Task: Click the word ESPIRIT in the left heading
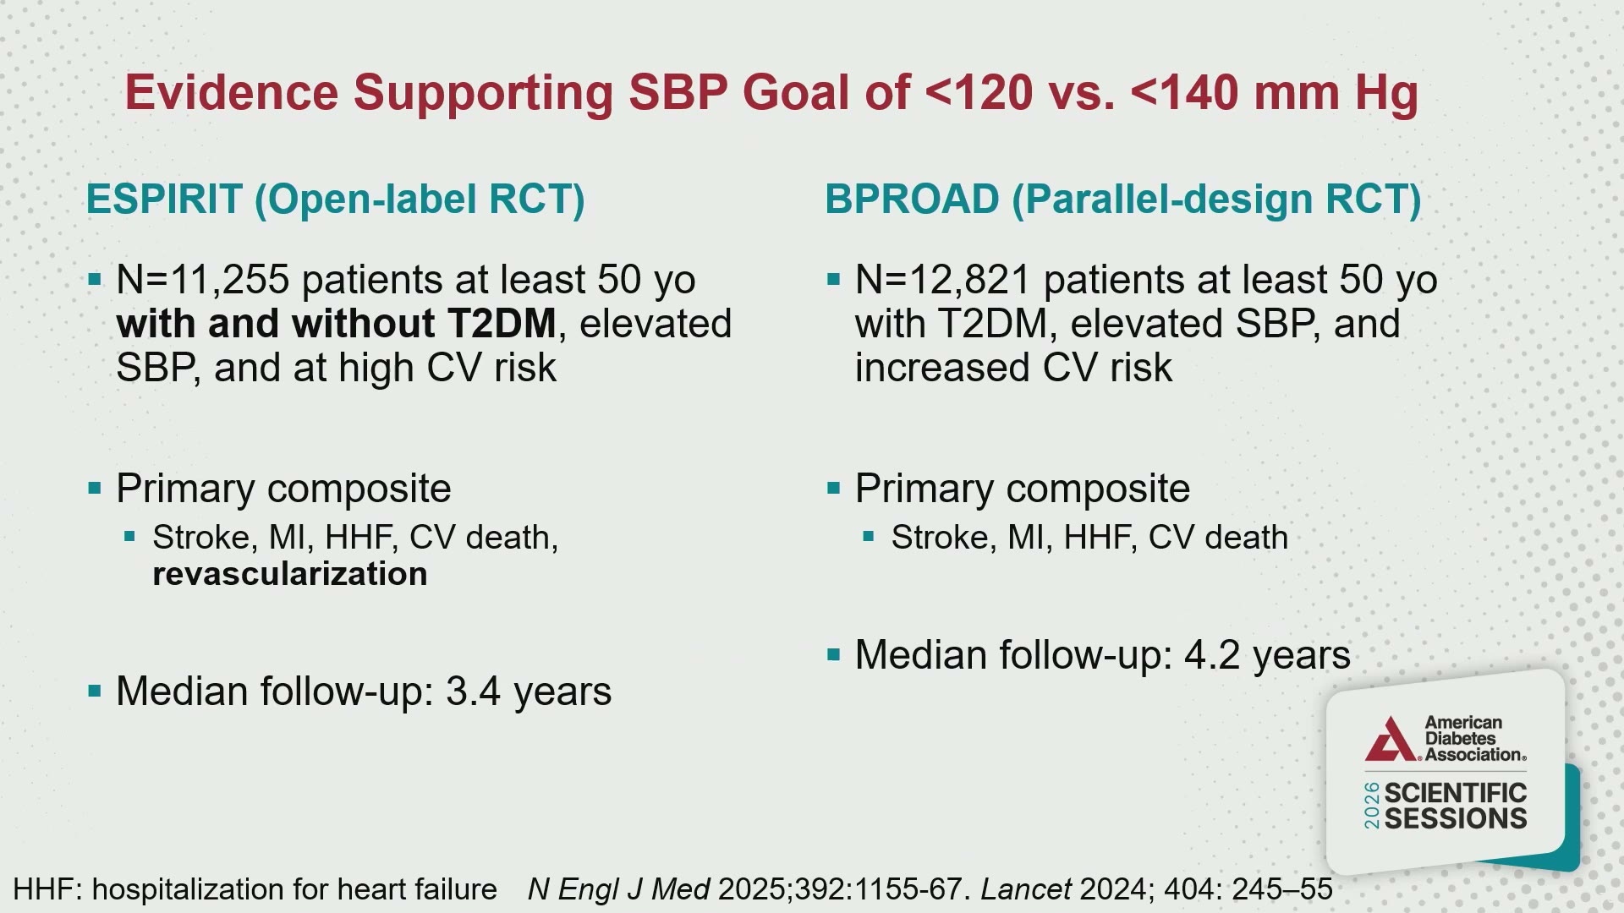pyautogui.click(x=164, y=200)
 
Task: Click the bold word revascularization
pyautogui.click(x=290, y=574)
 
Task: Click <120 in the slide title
pyautogui.click(x=979, y=92)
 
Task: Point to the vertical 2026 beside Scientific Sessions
pyautogui.click(x=1372, y=806)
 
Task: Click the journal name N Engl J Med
pyautogui.click(x=618, y=889)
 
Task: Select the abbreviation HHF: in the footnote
pyautogui.click(x=47, y=889)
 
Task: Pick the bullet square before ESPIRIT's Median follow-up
pyautogui.click(x=95, y=692)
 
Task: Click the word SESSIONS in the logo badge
pyautogui.click(x=1456, y=818)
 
